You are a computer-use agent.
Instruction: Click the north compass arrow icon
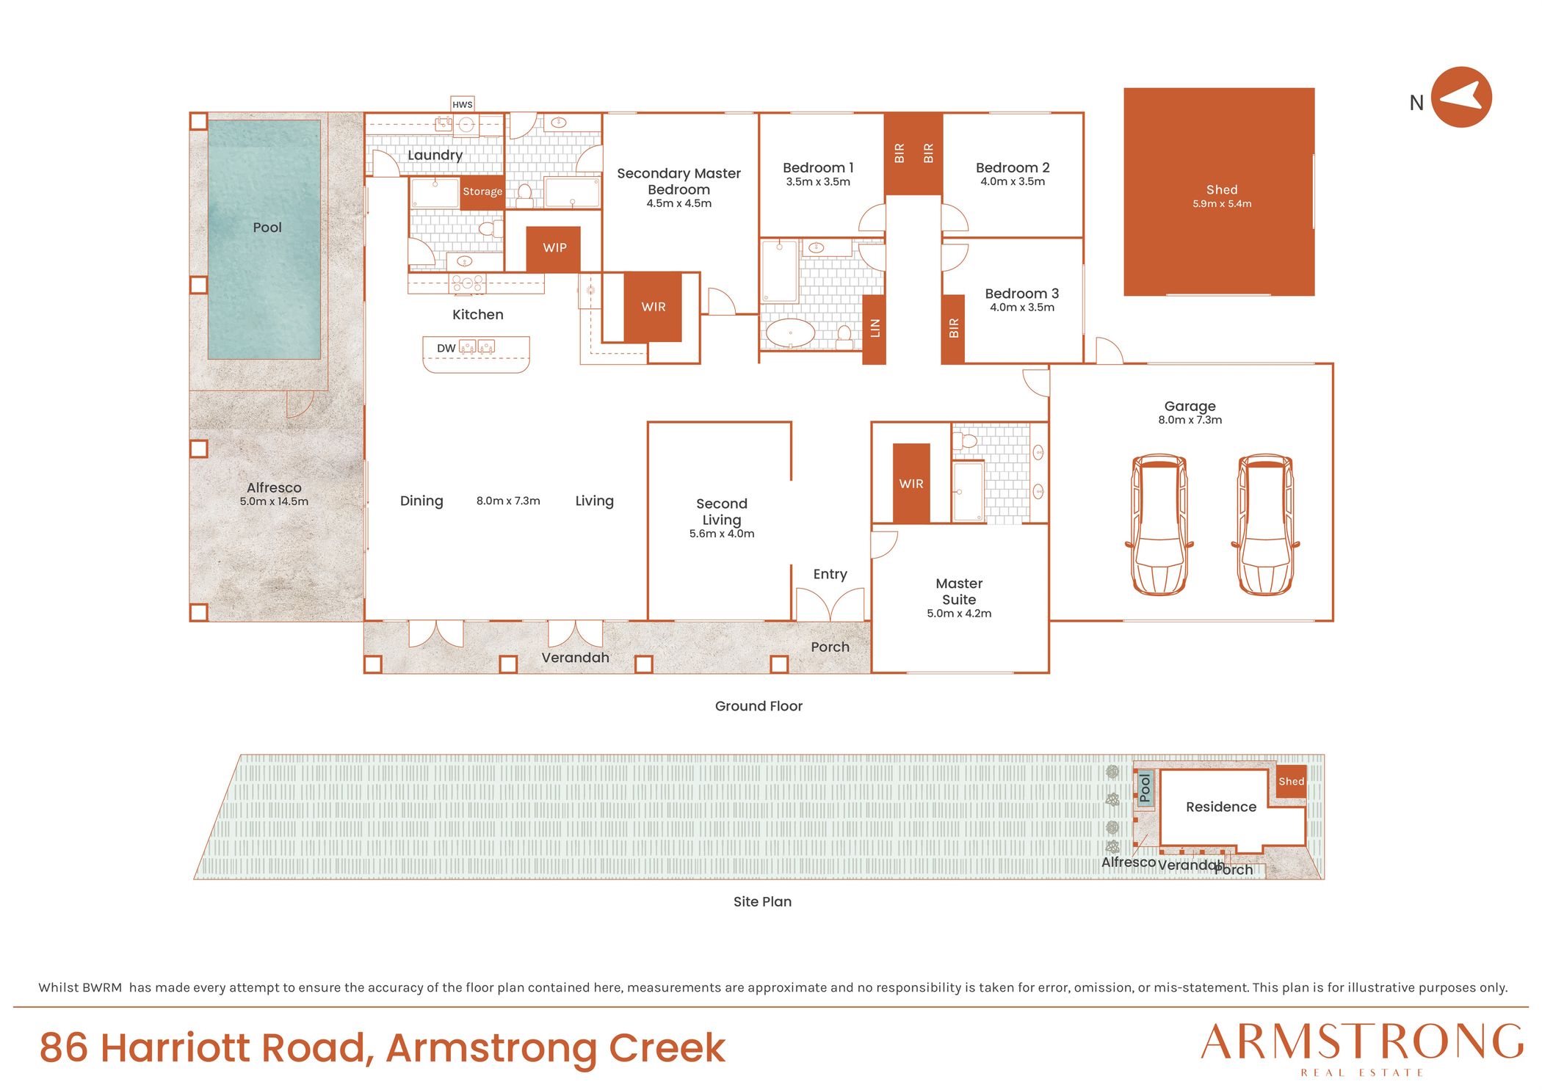(1461, 97)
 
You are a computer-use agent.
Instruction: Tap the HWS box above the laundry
(463, 104)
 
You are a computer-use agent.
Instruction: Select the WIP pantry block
(554, 249)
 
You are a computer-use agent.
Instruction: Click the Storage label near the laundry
(482, 192)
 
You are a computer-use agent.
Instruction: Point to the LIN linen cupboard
(874, 329)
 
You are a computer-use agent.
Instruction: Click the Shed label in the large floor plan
(1222, 189)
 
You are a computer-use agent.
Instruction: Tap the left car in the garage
(1159, 524)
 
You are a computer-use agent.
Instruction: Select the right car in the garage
(1265, 524)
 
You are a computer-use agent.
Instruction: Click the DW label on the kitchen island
(446, 348)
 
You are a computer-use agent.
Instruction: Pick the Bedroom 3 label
(1021, 294)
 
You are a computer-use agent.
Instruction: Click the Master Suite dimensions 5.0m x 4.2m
(959, 614)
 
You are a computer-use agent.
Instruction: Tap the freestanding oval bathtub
(790, 333)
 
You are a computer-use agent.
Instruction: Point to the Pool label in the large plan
(267, 228)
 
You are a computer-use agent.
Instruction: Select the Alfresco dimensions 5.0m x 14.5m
(274, 501)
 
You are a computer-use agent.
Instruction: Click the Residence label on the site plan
(1221, 807)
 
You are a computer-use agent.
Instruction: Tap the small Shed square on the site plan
(1292, 782)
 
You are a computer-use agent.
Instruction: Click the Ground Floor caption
(759, 706)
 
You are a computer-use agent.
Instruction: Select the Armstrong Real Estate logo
(1363, 1049)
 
